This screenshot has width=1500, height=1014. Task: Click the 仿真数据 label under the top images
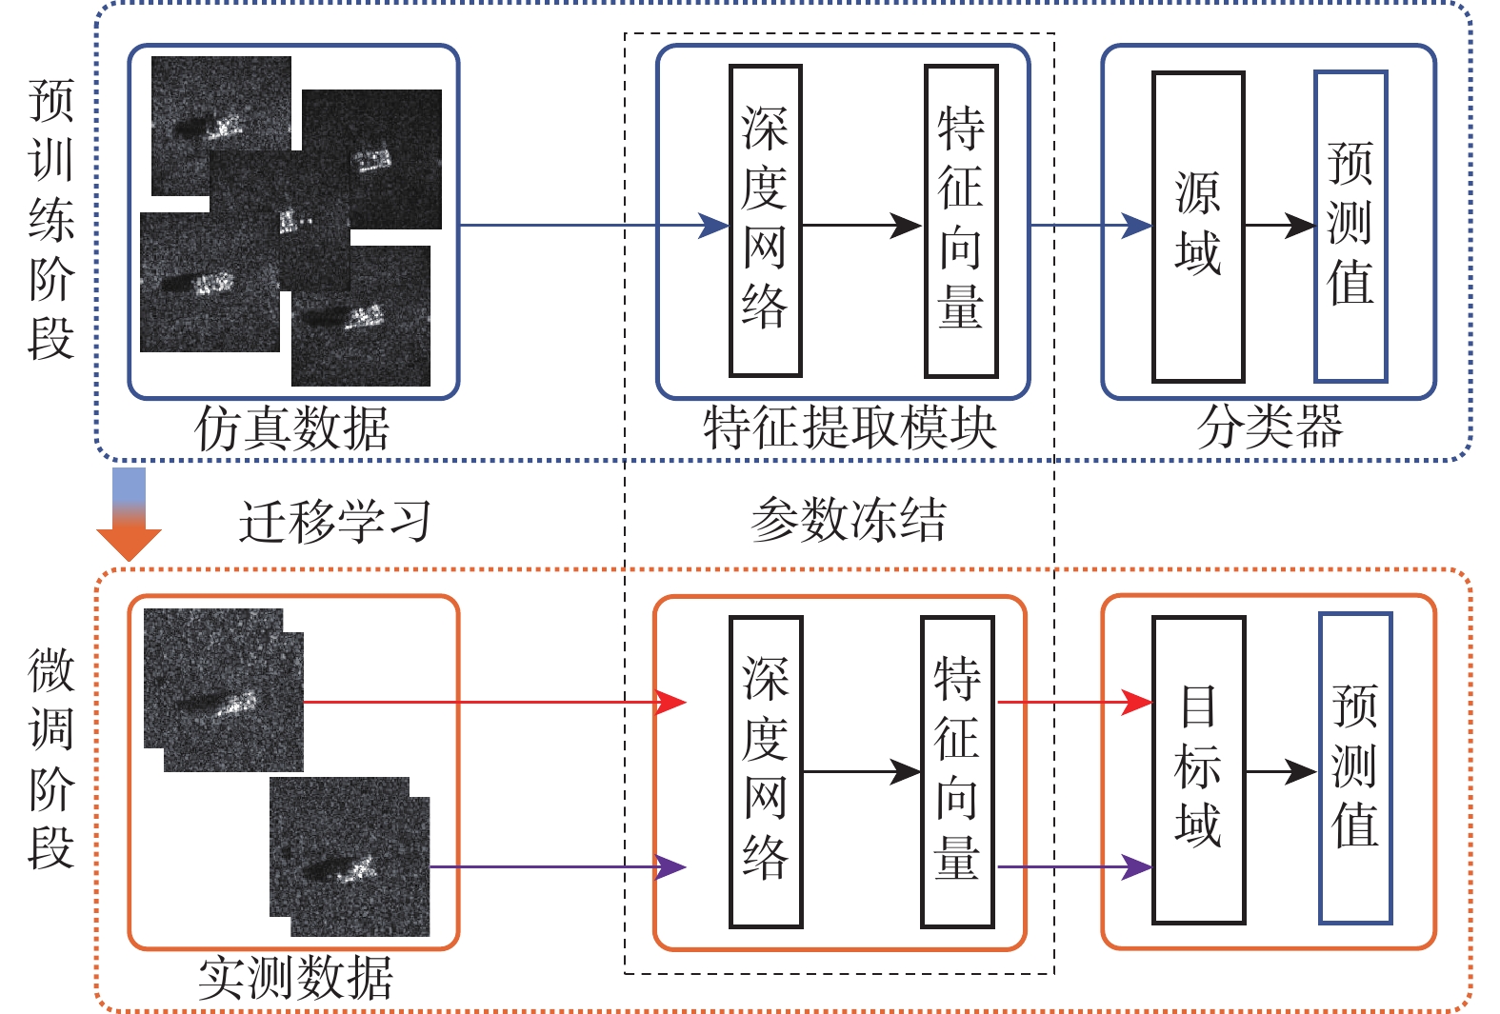[x=292, y=428]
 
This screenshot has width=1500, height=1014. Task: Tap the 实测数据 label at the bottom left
[x=295, y=978]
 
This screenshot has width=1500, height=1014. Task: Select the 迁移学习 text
[x=334, y=521]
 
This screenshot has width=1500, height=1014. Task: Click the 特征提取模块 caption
[x=850, y=427]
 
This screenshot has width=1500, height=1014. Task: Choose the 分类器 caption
[x=1270, y=427]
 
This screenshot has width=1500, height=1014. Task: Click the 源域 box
[x=1198, y=227]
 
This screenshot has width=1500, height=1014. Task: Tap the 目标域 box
[x=1198, y=769]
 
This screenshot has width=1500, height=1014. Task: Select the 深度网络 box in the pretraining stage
[x=765, y=221]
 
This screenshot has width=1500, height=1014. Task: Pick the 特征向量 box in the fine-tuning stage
[x=957, y=771]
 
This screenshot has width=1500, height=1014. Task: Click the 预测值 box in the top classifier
[x=1350, y=227]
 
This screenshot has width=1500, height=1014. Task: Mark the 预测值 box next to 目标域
[x=1354, y=768]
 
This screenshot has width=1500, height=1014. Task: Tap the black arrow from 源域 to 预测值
[x=1281, y=226]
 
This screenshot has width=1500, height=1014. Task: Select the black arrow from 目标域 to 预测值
[x=1282, y=771]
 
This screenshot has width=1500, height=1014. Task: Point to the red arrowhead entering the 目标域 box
[x=1137, y=703]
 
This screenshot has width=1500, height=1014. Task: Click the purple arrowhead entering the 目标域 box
[x=1137, y=867]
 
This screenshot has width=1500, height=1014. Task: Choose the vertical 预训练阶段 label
[x=50, y=219]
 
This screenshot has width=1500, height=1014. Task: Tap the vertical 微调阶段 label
[x=50, y=759]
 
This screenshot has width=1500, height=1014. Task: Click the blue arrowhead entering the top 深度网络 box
[x=713, y=226]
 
